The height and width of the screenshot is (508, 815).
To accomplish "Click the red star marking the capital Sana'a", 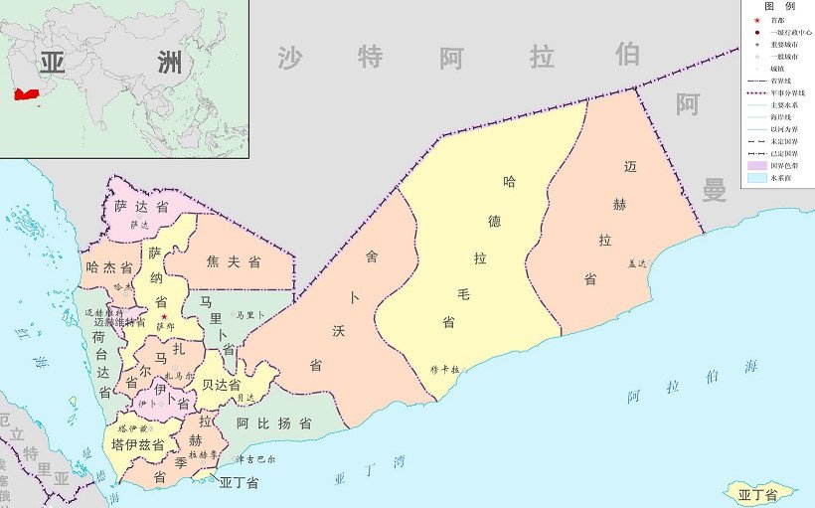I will click(164, 317).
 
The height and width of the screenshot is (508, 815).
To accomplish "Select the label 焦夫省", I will click(234, 262).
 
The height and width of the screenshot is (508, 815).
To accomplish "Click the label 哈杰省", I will click(109, 267).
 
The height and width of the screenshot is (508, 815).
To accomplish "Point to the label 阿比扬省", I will click(274, 423).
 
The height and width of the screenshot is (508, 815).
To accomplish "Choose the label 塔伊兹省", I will click(138, 444).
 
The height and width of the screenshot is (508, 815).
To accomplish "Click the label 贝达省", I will click(221, 384).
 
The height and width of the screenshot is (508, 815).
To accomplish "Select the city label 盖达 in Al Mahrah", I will click(637, 263).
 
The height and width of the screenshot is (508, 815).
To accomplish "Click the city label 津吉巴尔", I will click(257, 460).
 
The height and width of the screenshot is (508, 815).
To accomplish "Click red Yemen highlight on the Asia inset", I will click(26, 93).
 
